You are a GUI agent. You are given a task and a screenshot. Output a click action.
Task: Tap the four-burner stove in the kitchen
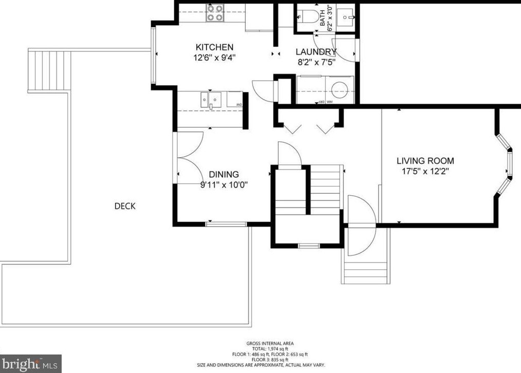215,13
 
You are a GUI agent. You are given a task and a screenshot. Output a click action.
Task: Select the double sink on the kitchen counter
211,99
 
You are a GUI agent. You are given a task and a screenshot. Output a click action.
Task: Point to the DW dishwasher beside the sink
235,99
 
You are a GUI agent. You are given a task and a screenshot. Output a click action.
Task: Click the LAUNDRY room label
315,52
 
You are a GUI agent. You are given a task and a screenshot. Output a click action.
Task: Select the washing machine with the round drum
339,89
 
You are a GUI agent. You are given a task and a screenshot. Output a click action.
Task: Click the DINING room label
224,175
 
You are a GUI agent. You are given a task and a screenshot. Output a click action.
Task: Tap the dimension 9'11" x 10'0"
224,185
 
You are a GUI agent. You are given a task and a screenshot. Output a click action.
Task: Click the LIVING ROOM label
425,161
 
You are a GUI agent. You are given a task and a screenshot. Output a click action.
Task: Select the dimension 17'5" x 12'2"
425,171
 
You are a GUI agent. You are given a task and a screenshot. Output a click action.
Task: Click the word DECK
125,206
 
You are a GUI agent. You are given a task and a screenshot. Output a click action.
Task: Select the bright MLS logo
31,364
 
